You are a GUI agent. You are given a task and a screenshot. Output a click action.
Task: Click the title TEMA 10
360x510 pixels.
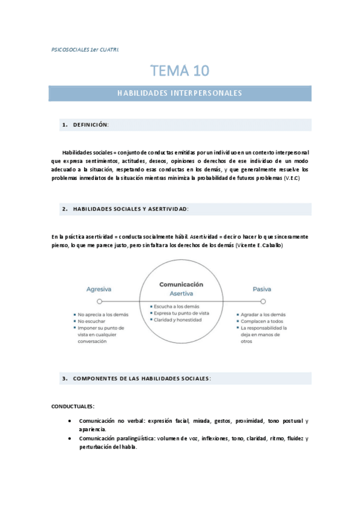coord(180,70)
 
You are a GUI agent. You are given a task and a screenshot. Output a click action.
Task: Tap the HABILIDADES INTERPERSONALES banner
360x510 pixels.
coord(180,93)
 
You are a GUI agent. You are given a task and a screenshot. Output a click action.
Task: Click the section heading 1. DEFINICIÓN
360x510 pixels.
coord(85,124)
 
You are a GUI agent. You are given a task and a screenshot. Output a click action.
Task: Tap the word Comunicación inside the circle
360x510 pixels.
coord(181,284)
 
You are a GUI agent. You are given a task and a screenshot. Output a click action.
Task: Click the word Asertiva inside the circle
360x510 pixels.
coord(181,293)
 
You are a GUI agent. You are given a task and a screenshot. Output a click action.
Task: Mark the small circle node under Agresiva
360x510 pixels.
coord(100,301)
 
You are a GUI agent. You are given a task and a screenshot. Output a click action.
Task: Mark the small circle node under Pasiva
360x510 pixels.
coord(263,301)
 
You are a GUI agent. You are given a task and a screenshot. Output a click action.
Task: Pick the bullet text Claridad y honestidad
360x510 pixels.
coord(178,320)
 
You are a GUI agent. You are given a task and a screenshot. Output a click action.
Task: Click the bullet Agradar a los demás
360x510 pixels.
coord(265,315)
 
